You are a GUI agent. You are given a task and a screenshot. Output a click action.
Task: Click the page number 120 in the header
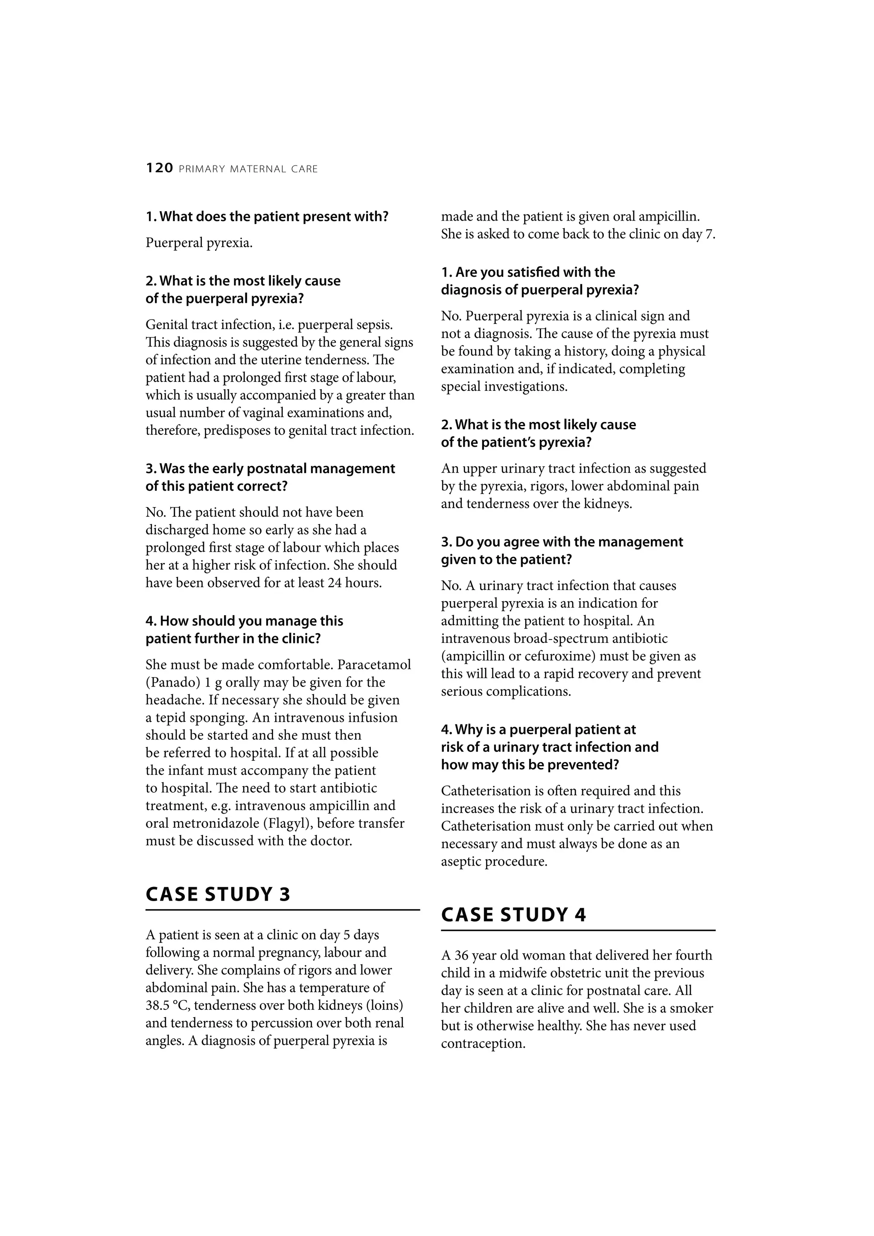click(x=160, y=169)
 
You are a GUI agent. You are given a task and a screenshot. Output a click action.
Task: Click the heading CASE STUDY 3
click(x=218, y=894)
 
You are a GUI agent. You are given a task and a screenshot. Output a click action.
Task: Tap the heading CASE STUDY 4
click(x=513, y=915)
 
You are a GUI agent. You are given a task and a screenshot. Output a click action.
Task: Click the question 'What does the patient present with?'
click(x=267, y=216)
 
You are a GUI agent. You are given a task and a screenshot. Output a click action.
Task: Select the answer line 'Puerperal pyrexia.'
click(x=199, y=243)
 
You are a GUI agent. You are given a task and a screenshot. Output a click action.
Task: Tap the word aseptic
click(x=461, y=861)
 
